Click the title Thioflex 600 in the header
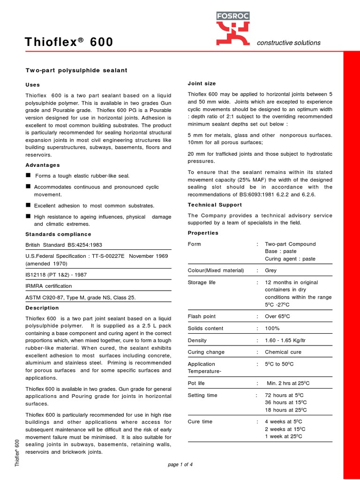click(68, 42)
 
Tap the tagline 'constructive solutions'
click(289, 43)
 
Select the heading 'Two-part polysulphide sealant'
click(76, 70)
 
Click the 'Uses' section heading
click(32, 85)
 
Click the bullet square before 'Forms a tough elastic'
click(28, 175)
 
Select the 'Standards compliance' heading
click(58, 234)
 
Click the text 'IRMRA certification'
click(49, 285)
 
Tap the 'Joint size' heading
click(202, 83)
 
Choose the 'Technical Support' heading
click(215, 205)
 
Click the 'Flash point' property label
click(202, 316)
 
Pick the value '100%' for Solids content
click(273, 329)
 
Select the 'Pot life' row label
click(196, 383)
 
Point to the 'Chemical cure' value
click(283, 352)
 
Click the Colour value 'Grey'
click(271, 270)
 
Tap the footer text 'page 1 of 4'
click(180, 465)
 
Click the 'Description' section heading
click(42, 308)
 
